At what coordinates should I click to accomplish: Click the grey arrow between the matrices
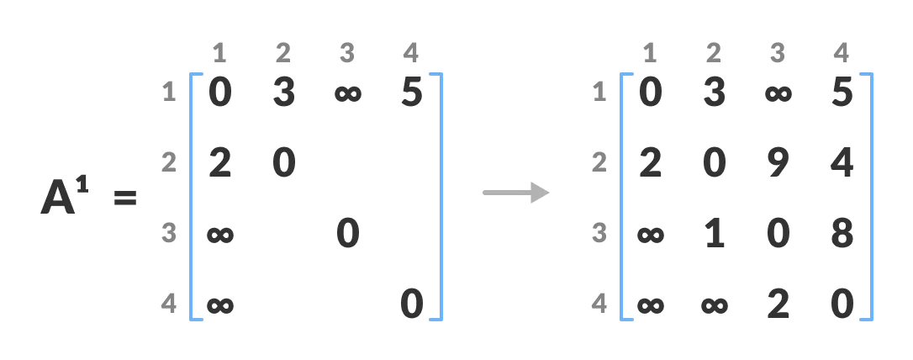click(x=515, y=193)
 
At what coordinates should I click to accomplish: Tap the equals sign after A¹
click(x=125, y=200)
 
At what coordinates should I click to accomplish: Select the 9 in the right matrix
click(x=778, y=163)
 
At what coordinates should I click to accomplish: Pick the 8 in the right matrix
click(x=842, y=234)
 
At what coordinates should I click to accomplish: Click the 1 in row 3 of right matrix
click(x=714, y=234)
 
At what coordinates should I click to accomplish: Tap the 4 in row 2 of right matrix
click(x=842, y=163)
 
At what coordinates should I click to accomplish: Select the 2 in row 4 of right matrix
click(x=778, y=304)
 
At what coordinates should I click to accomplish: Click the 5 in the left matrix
click(x=411, y=93)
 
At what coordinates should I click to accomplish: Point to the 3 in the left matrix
click(x=283, y=93)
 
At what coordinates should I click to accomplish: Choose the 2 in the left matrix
click(x=219, y=163)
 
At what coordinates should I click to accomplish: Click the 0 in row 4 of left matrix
click(x=411, y=304)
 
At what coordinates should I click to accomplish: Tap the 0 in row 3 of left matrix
click(x=347, y=234)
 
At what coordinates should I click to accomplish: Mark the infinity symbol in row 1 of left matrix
click(x=347, y=93)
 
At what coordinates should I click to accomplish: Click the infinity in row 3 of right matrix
click(x=650, y=234)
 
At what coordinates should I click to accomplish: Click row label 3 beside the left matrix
click(x=169, y=233)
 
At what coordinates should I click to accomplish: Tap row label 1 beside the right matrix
click(x=599, y=93)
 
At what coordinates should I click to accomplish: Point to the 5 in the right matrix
click(x=842, y=93)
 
